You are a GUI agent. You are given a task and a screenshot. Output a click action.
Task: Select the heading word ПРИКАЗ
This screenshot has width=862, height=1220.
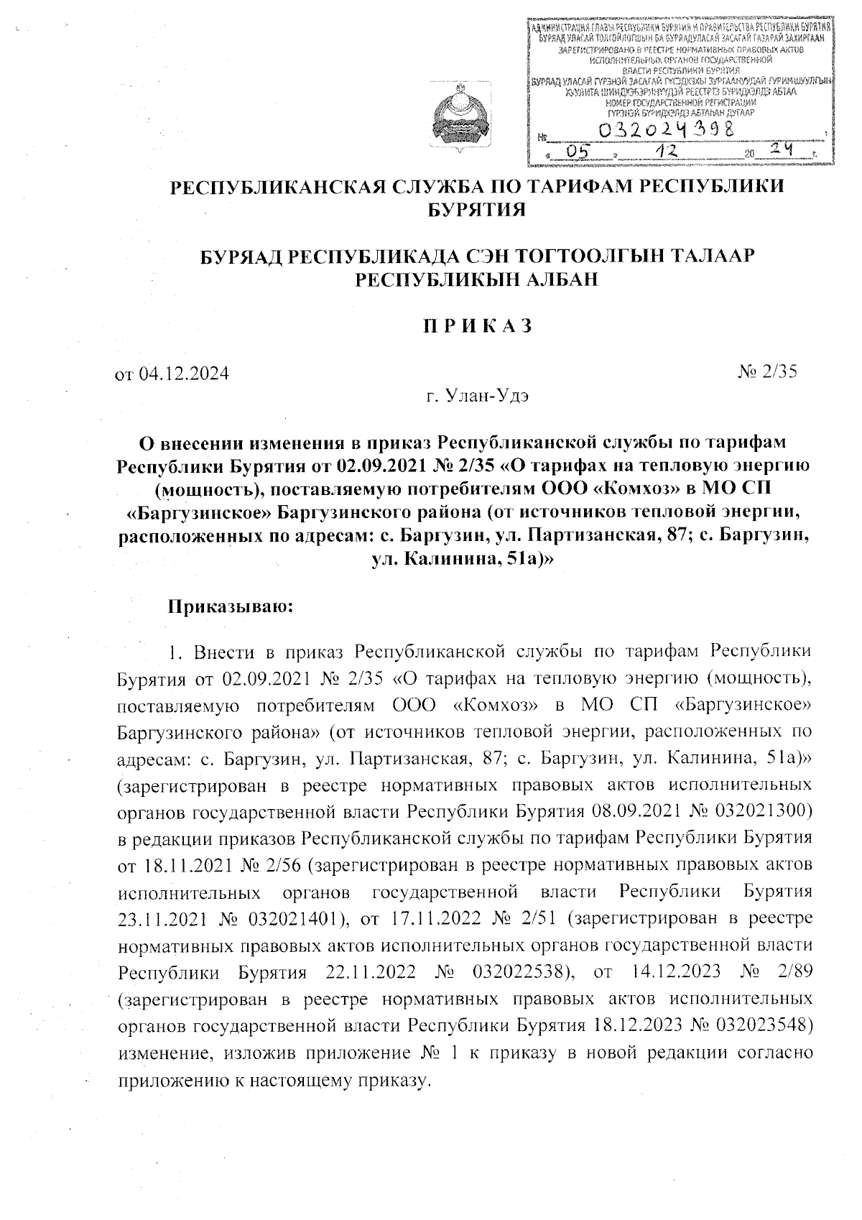click(x=476, y=325)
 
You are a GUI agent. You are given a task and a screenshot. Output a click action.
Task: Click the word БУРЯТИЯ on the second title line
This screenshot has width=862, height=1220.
click(x=476, y=209)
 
